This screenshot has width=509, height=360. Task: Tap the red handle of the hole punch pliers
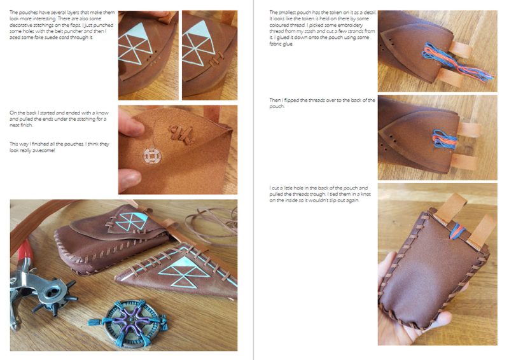24,253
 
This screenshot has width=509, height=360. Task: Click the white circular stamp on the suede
152,156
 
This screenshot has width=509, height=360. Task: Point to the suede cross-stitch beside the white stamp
181,134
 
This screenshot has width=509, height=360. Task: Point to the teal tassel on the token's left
95,322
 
